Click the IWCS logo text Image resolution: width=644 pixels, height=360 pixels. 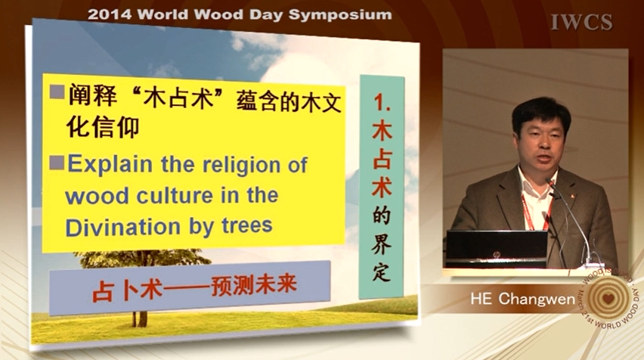point(581,22)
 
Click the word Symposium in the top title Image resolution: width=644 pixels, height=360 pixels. point(340,15)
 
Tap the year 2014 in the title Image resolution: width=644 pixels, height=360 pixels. point(110,14)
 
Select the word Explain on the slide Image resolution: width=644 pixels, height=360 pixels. point(110,164)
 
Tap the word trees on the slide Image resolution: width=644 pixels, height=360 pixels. point(247,225)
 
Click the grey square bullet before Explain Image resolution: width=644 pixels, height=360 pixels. point(57,163)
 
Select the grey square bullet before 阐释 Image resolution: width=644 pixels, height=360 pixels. point(57,92)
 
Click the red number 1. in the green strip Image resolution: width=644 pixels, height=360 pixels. point(382,102)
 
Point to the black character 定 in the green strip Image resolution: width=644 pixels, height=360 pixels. point(381,272)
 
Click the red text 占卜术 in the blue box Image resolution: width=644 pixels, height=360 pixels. point(127,290)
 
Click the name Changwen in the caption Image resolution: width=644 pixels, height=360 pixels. point(537,299)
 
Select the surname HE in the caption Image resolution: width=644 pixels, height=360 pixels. point(481,299)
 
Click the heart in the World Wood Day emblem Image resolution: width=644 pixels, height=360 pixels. point(608,298)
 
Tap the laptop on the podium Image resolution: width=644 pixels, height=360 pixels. point(497,250)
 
